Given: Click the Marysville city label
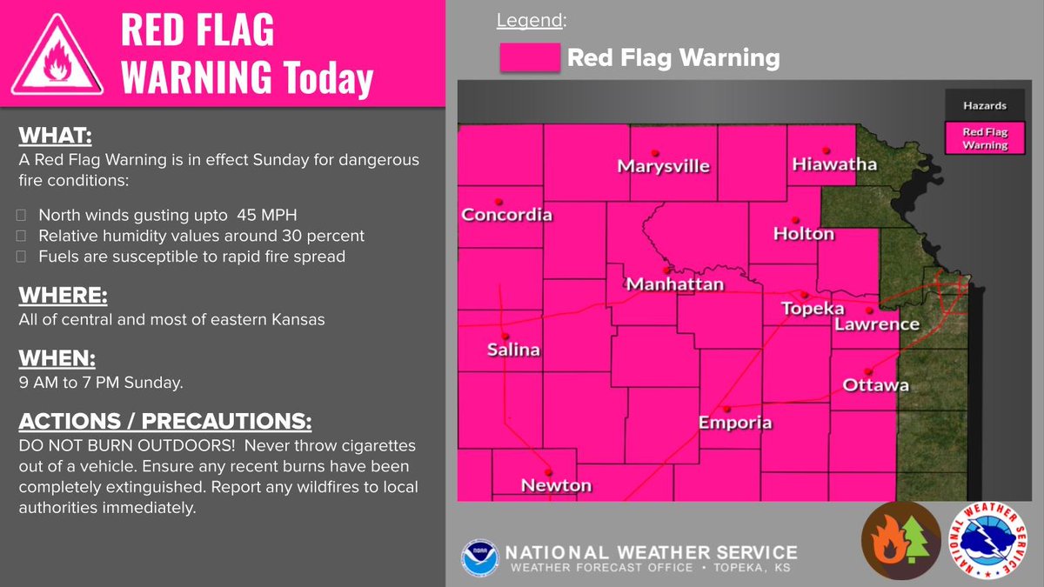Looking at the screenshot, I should click(x=663, y=166).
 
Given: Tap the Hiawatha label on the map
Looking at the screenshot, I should click(x=834, y=163).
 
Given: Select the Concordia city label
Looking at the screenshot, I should click(x=506, y=214).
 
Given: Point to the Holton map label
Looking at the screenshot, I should click(x=803, y=233).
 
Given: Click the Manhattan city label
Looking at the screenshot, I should click(x=674, y=284).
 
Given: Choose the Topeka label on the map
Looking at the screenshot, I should click(x=813, y=308).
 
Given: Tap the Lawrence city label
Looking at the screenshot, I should click(x=876, y=324).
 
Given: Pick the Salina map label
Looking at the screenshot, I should click(x=512, y=350).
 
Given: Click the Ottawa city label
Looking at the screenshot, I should click(x=875, y=384).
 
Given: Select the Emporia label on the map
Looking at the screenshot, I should click(x=735, y=423).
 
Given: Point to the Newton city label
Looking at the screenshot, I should click(x=556, y=485).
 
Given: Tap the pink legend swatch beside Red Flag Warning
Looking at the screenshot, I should click(x=529, y=58).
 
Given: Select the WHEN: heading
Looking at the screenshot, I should click(x=56, y=358).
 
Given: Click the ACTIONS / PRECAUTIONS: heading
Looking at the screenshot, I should click(x=164, y=422).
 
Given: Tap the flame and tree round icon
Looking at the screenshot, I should click(x=900, y=540).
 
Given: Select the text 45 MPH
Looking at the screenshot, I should click(x=280, y=215).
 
